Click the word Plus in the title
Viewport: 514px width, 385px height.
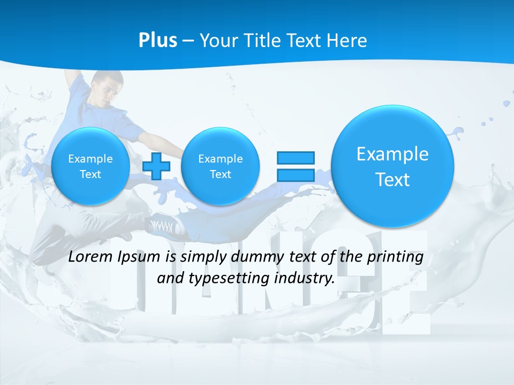coord(157,41)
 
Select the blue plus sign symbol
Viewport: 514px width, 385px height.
coord(156,166)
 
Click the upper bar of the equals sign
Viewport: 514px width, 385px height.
coord(295,158)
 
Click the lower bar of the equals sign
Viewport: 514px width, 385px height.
coord(295,175)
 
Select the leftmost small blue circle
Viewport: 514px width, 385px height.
coord(90,166)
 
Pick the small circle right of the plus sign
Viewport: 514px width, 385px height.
coord(221,166)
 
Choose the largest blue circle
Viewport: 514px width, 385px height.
coord(392,166)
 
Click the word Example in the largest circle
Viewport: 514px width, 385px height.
coord(392,154)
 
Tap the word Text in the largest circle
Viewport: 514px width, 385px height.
coord(392,180)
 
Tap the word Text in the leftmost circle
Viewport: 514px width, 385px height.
coord(90,174)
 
